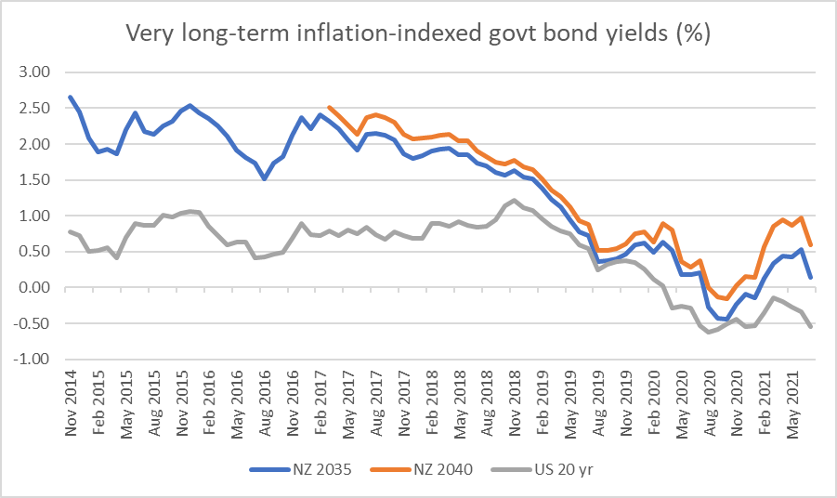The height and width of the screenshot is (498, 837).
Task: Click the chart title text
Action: (x=418, y=34)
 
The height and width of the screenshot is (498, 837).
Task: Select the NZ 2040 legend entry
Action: (x=445, y=468)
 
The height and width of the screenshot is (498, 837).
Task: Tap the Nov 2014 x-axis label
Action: (x=72, y=401)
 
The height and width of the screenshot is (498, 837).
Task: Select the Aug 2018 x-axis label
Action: (x=482, y=401)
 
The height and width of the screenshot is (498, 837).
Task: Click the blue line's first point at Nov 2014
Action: (x=71, y=97)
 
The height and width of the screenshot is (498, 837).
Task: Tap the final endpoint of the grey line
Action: (x=810, y=326)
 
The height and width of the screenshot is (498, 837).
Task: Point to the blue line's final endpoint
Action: (x=810, y=277)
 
